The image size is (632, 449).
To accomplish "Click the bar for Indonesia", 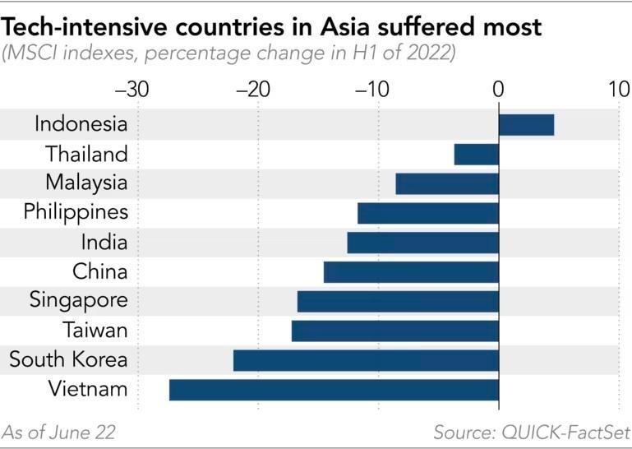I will [526, 125].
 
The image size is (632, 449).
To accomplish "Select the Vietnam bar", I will [334, 390].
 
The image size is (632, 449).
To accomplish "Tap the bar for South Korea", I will [366, 360].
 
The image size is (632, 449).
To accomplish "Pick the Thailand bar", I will [477, 155].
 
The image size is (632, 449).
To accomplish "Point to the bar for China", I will [411, 272].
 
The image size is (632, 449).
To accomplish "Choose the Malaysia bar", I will [447, 183].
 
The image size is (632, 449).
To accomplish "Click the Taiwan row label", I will [95, 331].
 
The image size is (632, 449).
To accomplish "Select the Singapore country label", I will [79, 301].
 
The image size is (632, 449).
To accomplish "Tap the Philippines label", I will [76, 213].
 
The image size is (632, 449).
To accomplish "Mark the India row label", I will [104, 243].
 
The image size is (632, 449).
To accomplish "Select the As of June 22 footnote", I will [58, 433].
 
